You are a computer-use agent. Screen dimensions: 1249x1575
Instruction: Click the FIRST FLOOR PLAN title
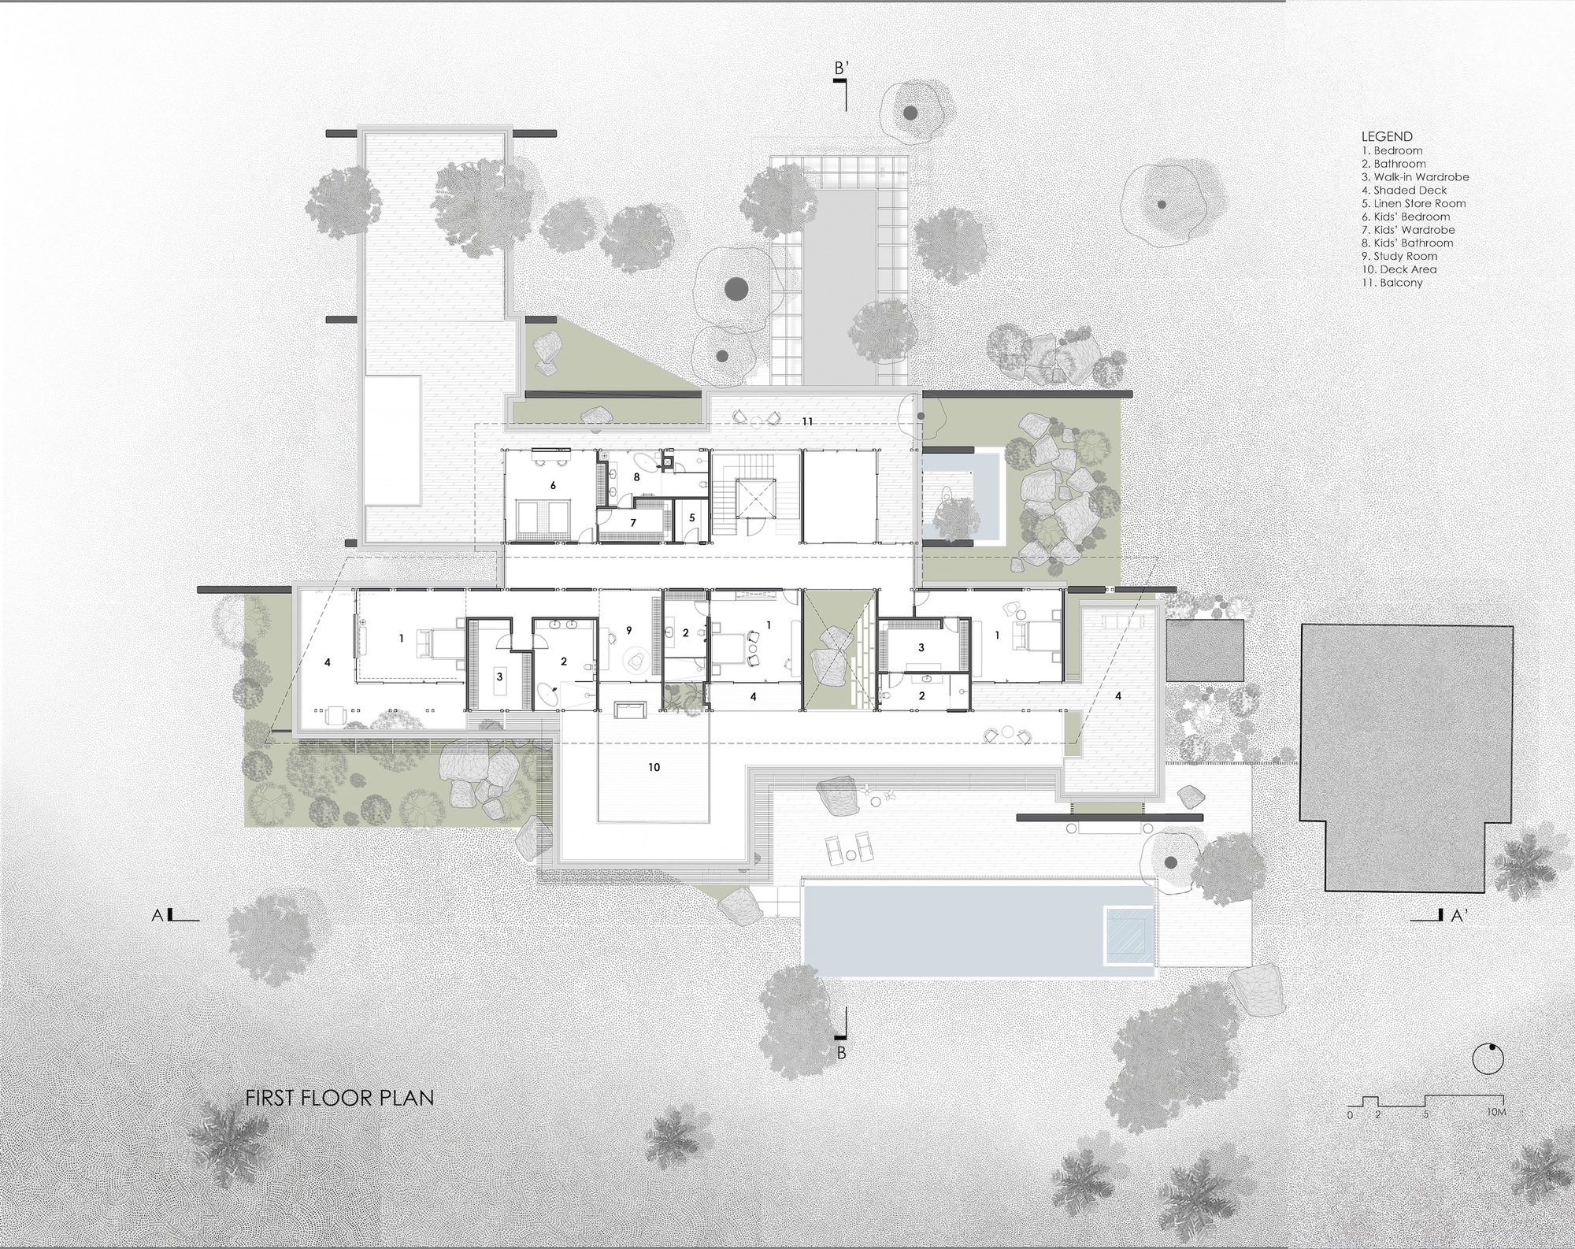pyautogui.click(x=339, y=1097)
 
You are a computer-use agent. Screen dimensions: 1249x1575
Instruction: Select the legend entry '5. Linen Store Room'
pyautogui.click(x=1414, y=203)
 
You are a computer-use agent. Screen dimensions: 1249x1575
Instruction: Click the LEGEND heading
pyautogui.click(x=1387, y=136)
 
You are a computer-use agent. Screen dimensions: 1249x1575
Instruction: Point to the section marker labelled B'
pyautogui.click(x=841, y=70)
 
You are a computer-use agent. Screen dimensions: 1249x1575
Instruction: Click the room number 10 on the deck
pyautogui.click(x=654, y=767)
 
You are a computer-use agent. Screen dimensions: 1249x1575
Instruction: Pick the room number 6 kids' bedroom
pyautogui.click(x=553, y=486)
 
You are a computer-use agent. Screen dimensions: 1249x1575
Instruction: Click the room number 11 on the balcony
pyautogui.click(x=807, y=422)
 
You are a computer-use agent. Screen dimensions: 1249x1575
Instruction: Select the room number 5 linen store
pyautogui.click(x=691, y=518)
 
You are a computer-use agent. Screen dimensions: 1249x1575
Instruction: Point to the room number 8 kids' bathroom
pyautogui.click(x=636, y=476)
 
